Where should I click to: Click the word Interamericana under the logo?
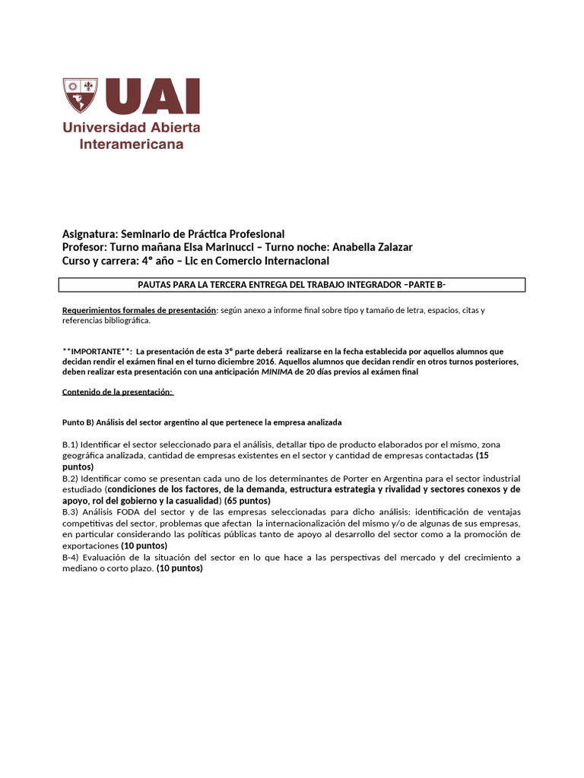132,144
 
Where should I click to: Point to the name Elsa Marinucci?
233,248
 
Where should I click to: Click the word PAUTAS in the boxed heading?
156,285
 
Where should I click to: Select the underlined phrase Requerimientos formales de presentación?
139,311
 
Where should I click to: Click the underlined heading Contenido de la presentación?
117,392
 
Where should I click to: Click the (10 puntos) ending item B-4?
179,569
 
